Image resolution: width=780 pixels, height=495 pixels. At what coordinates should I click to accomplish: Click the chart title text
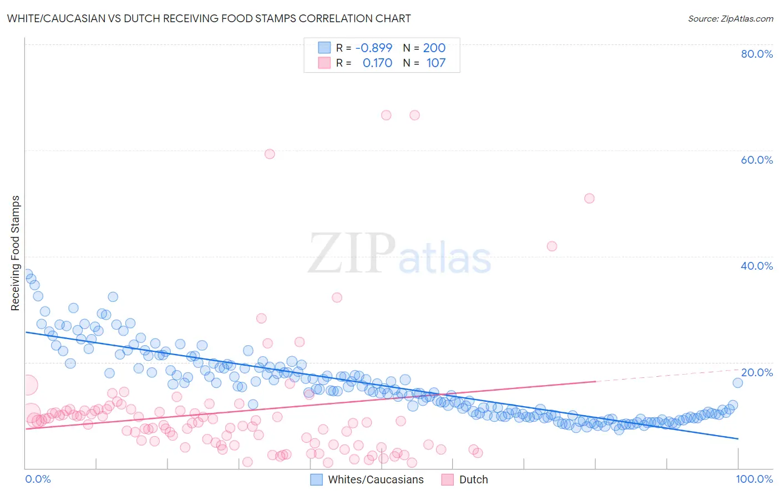point(209,18)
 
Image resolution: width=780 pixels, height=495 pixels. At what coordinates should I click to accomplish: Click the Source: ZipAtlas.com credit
point(730,18)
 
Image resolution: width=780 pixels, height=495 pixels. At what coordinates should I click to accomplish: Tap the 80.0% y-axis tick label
point(757,54)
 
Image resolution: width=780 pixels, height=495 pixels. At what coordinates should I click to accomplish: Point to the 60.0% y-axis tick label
point(757,160)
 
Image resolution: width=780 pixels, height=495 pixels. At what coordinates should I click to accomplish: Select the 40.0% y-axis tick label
point(757,266)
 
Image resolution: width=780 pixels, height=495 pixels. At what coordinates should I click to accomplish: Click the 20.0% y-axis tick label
point(757,372)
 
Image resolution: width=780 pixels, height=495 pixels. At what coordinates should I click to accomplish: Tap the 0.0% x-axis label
point(38,479)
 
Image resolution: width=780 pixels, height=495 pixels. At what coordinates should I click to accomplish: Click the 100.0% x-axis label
point(754,479)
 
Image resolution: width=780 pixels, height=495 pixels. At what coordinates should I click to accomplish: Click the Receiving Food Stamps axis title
point(15,253)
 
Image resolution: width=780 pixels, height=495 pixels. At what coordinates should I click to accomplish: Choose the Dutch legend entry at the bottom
point(465,479)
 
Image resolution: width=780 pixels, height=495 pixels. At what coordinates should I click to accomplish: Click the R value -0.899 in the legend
point(373,48)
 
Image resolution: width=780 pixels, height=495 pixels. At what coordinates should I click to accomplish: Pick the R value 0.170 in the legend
point(377,63)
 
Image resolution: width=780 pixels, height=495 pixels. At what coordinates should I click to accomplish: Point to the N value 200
point(434,48)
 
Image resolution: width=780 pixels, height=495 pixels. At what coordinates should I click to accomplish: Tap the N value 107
point(436,63)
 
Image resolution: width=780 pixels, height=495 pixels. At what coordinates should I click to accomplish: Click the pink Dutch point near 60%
point(270,154)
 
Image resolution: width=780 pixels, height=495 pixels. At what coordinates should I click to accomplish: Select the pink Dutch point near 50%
point(589,198)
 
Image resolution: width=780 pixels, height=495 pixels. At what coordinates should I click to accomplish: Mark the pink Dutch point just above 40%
point(551,246)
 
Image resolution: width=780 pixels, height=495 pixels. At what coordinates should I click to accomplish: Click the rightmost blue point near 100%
point(737,382)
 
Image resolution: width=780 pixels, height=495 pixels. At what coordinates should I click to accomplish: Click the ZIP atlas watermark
point(399,254)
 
